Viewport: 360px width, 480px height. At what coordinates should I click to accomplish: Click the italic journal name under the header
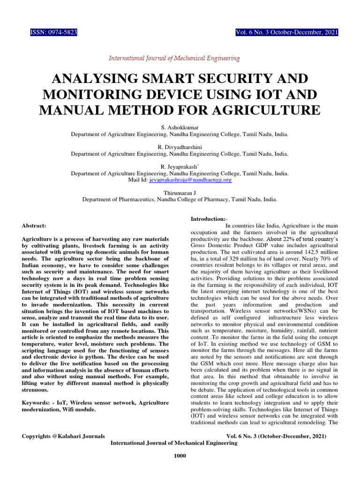174,59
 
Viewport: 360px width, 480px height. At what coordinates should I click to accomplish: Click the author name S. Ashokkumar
180,127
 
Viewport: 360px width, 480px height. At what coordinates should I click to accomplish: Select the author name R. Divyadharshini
180,147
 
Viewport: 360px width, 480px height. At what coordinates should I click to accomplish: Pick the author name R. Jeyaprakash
180,167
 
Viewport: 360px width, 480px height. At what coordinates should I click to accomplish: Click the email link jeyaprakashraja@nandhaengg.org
190,180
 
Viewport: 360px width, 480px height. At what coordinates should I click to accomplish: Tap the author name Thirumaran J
180,193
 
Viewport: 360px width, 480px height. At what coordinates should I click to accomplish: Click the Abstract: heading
34,225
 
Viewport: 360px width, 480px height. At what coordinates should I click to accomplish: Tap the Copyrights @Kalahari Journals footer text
64,436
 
